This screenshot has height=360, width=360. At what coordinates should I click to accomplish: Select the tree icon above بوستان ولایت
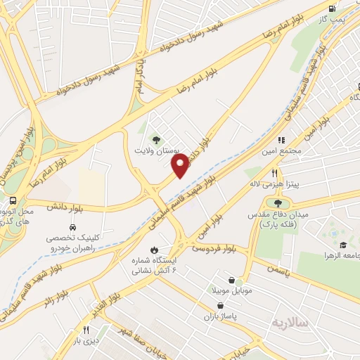(x=157, y=139)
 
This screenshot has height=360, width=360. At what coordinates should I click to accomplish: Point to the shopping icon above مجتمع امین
(x=283, y=141)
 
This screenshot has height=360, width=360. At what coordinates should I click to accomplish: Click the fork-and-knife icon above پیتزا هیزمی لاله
(x=275, y=173)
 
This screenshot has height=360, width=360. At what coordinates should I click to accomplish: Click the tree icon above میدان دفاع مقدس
(x=278, y=203)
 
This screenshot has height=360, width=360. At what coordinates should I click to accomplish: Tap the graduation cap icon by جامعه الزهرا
(x=342, y=245)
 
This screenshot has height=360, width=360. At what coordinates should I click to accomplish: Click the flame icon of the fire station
(x=153, y=250)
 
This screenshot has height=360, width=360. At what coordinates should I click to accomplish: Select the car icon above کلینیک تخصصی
(x=73, y=228)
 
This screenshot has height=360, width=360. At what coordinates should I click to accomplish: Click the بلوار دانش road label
(x=61, y=206)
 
